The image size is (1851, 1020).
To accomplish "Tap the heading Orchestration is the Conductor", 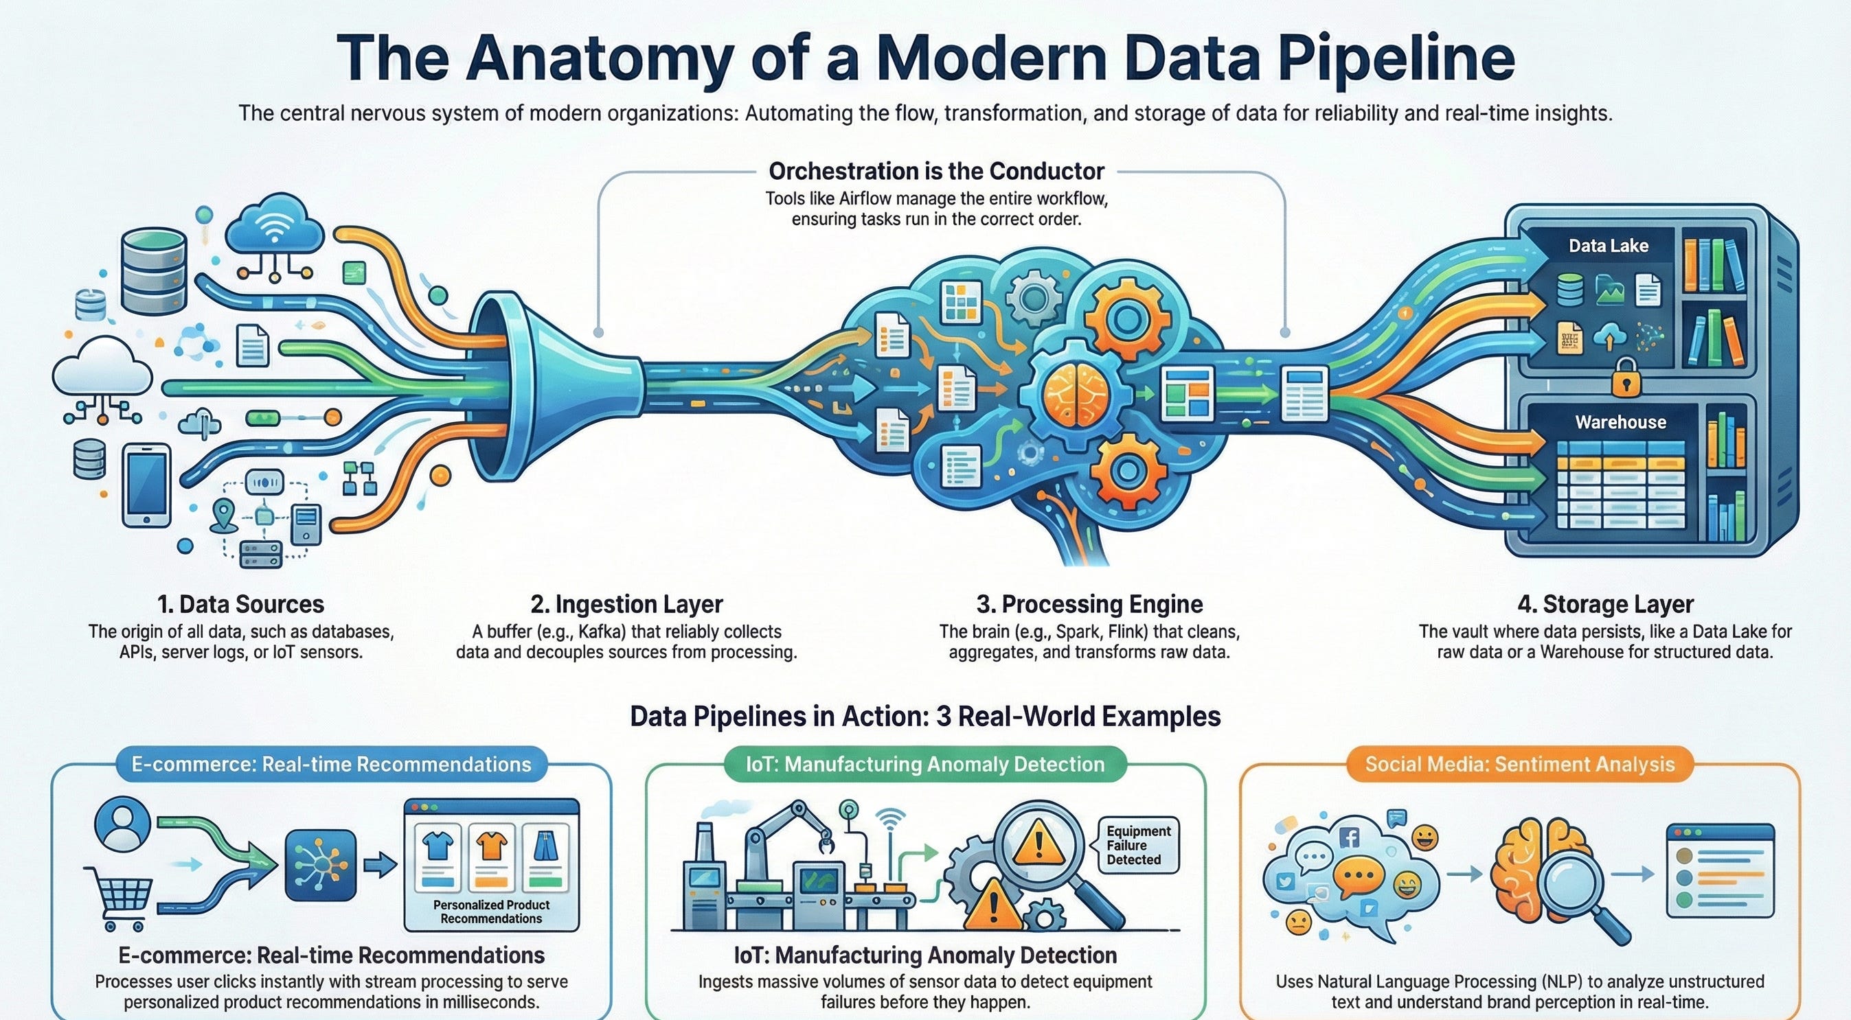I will pyautogui.click(x=935, y=171).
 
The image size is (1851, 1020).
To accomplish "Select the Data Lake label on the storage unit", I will pyautogui.click(x=1608, y=246).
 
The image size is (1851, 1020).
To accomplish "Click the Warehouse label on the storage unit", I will pyautogui.click(x=1620, y=421).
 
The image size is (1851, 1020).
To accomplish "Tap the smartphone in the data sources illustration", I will pyautogui.click(x=146, y=485).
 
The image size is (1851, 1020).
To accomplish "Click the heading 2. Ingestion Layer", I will pyautogui.click(x=626, y=604).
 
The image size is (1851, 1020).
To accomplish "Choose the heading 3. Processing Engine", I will pyautogui.click(x=1089, y=604).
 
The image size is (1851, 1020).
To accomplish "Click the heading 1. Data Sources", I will pyautogui.click(x=240, y=604).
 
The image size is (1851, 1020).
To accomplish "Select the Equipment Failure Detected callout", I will pyautogui.click(x=1138, y=845).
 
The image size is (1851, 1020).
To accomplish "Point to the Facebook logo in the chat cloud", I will pyautogui.click(x=1350, y=837).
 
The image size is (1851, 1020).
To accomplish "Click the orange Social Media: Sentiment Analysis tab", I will pyautogui.click(x=1519, y=763).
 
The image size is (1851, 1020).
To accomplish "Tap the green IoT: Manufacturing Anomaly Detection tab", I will pyautogui.click(x=924, y=763).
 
